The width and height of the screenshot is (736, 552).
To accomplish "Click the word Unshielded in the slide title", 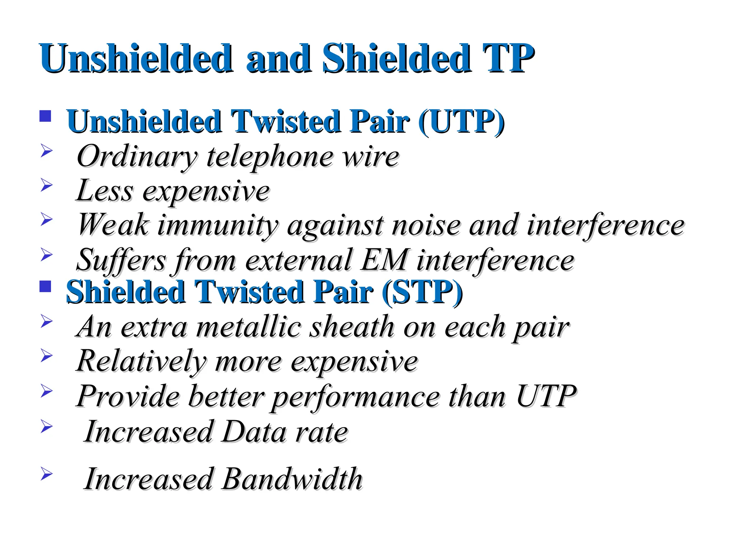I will (136, 58).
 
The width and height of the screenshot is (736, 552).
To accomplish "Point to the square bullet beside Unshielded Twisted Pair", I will (45, 116).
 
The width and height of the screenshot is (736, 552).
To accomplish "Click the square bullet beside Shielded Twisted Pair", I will (45, 286).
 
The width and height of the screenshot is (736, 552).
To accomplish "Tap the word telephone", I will (270, 157).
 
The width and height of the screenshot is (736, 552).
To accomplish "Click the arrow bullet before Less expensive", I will (46, 185).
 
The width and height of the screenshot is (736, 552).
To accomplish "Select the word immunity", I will (218, 225).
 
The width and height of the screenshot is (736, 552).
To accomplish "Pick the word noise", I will (426, 225).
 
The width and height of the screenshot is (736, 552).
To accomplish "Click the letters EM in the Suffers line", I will (384, 260).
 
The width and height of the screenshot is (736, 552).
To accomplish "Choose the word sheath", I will (352, 327).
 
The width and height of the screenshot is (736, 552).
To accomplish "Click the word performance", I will (355, 396).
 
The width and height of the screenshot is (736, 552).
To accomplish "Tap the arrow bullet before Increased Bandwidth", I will (46, 474).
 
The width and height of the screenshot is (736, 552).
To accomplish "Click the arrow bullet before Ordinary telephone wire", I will (46, 151).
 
